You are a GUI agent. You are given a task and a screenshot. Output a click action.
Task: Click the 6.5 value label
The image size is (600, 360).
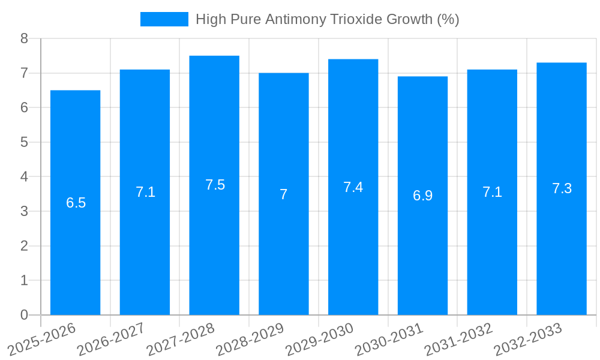[x=76, y=203]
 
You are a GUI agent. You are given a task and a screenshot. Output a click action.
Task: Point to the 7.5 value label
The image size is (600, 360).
[x=215, y=185]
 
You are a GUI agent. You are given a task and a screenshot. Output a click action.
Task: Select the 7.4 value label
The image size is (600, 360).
[x=353, y=187]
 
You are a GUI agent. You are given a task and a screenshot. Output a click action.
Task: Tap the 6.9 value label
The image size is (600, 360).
[x=422, y=196]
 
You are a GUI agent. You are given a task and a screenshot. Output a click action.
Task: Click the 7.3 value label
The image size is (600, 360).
[x=562, y=188]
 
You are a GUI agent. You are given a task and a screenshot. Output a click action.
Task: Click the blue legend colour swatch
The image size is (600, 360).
[x=164, y=19]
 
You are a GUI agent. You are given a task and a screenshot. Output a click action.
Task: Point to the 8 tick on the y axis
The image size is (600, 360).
[x=24, y=38]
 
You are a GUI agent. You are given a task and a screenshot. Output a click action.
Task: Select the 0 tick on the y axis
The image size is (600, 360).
[x=24, y=315]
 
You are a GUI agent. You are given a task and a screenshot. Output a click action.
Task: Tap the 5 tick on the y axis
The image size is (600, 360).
[x=24, y=142]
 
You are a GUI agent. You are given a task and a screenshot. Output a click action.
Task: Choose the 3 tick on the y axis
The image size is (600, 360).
[x=24, y=211]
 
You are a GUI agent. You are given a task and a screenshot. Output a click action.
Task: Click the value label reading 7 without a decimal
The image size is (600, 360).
[x=284, y=194]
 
